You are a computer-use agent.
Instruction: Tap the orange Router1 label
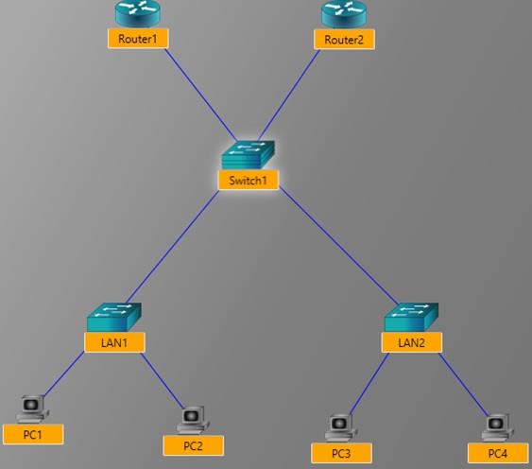click(138, 39)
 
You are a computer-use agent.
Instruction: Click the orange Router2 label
click(344, 39)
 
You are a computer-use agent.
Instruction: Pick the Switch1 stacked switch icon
click(248, 155)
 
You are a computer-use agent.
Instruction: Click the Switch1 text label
click(248, 180)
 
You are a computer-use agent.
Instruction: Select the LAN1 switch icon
click(113, 316)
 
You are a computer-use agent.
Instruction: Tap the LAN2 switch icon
click(411, 316)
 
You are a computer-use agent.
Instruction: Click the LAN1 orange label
click(114, 340)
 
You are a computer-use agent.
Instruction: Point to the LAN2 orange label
click(411, 341)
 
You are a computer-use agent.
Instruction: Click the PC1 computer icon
click(33, 408)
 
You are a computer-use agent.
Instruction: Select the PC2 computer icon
click(192, 419)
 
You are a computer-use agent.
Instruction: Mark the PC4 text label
click(497, 453)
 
